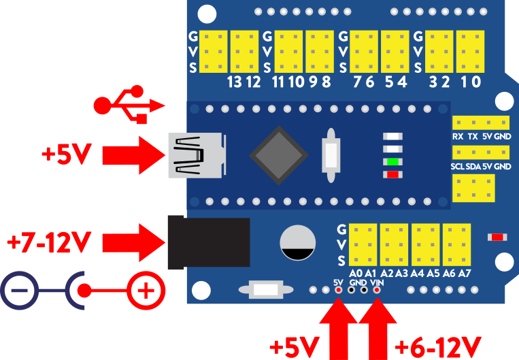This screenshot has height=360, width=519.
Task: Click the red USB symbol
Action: coord(129,105)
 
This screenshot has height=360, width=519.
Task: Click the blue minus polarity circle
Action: coord(20,293)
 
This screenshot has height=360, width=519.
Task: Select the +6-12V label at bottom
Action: coord(439,346)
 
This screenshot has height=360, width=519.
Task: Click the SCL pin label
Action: coord(458,167)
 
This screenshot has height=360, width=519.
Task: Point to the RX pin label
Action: coord(458,136)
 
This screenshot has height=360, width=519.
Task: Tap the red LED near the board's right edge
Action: coord(497,237)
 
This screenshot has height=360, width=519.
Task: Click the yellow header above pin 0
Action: coord(470,51)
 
